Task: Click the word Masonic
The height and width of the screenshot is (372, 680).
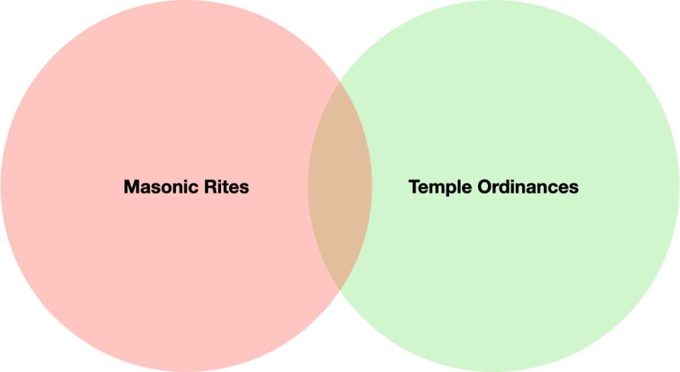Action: tap(161, 187)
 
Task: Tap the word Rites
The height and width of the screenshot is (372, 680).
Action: tap(227, 187)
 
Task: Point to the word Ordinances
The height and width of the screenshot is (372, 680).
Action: tap(529, 187)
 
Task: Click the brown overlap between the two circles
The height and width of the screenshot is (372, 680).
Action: tap(340, 186)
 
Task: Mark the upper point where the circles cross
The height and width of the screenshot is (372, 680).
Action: tap(340, 82)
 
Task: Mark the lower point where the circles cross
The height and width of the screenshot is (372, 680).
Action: tap(340, 290)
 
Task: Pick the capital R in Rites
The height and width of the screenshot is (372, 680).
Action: tap(211, 187)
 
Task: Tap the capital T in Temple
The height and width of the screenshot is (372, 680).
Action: tap(414, 187)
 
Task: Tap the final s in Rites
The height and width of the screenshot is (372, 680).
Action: tap(244, 188)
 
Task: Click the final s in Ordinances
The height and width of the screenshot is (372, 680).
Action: tap(574, 188)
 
